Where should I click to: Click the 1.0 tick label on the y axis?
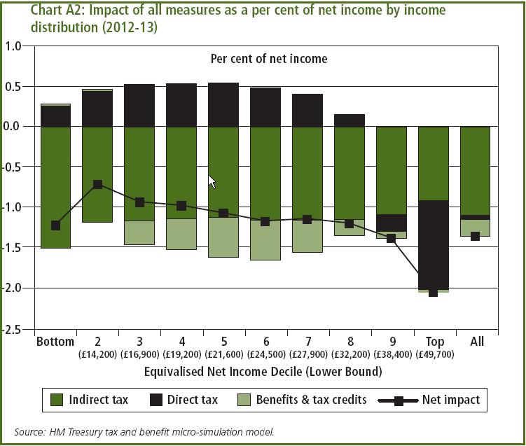[15, 46]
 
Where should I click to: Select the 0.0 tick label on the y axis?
[15, 127]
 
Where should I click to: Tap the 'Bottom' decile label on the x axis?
[55, 342]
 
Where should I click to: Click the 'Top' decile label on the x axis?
[434, 342]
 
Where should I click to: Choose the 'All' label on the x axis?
[477, 342]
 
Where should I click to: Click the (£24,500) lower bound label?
[265, 355]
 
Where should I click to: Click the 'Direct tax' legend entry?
[193, 400]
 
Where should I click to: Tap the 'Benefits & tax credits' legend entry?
[311, 400]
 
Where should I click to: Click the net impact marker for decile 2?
[97, 185]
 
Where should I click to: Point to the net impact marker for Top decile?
[434, 292]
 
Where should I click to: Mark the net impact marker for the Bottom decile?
[55, 225]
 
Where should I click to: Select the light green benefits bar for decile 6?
[265, 240]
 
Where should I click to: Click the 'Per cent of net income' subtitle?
[269, 59]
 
